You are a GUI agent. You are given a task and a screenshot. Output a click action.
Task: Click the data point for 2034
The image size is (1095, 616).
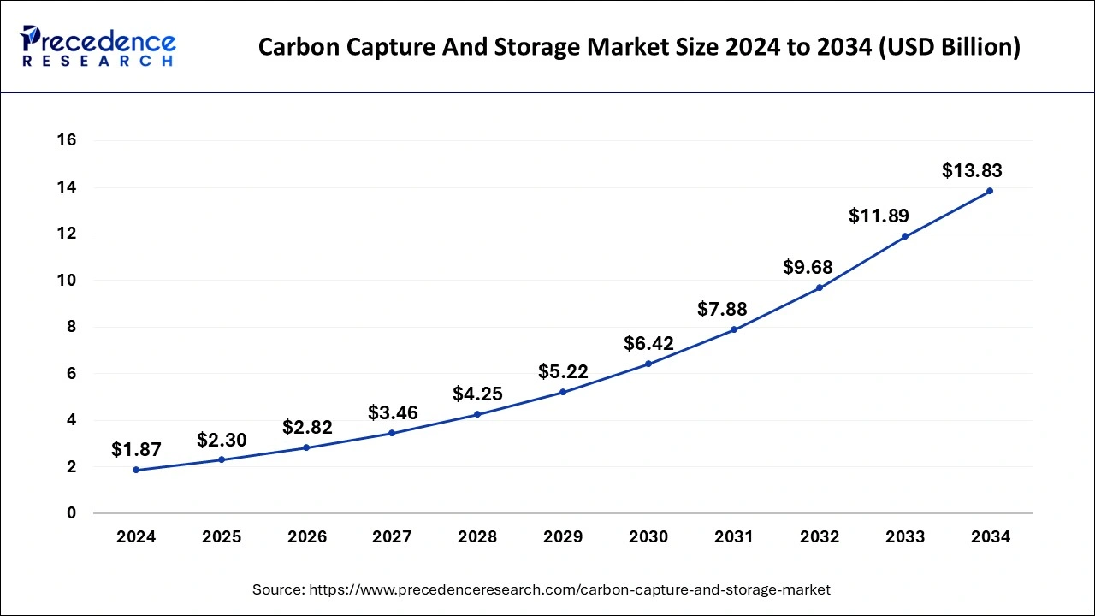click(990, 191)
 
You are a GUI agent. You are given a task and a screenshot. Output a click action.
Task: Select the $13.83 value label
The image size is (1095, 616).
click(972, 170)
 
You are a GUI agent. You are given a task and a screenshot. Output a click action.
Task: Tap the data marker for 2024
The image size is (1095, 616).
click(136, 470)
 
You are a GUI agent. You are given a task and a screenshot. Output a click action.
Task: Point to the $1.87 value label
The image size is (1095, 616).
click(136, 449)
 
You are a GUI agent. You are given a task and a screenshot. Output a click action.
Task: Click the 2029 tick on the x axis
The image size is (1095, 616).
click(563, 537)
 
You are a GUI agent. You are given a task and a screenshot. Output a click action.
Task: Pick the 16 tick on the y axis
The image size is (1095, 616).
click(66, 140)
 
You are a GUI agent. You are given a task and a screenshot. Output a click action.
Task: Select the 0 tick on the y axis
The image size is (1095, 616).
click(72, 513)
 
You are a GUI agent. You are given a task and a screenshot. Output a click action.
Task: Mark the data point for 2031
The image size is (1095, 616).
click(734, 329)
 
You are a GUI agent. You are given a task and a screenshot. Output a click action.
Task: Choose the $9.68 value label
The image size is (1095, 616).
click(808, 267)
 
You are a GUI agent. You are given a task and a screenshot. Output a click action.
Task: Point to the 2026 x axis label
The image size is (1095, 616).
click(306, 537)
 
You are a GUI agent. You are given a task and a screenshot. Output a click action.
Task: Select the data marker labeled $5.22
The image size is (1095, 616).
click(563, 392)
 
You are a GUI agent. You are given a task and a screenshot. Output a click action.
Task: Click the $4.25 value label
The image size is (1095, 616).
click(477, 394)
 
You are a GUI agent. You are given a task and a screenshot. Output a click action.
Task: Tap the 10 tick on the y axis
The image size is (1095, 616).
click(66, 281)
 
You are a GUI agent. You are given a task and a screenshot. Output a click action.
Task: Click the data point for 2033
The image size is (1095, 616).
click(904, 236)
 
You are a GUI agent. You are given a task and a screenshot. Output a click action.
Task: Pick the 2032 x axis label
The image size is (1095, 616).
click(820, 537)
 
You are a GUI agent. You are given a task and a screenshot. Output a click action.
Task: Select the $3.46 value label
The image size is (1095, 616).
click(393, 412)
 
